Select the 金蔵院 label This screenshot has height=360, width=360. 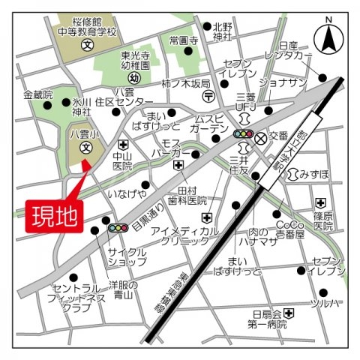(38, 95)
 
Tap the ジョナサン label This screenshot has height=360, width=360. (283, 82)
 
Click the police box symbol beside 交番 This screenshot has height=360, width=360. (260, 138)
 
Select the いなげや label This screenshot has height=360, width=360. (127, 194)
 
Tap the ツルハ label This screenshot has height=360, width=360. (328, 304)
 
